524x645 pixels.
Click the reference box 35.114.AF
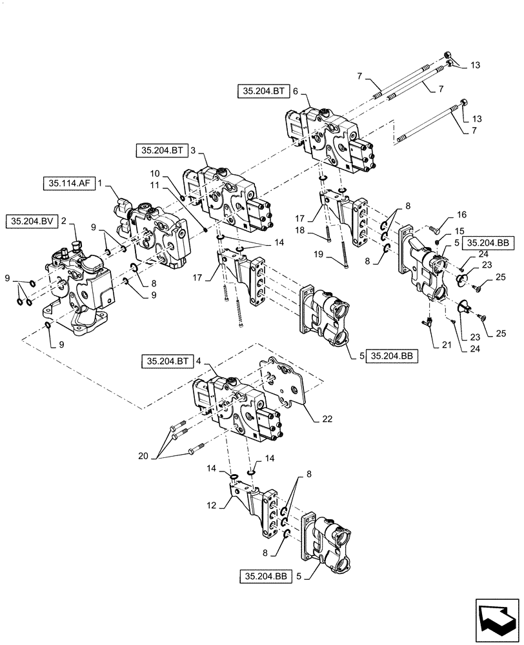[66, 183]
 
